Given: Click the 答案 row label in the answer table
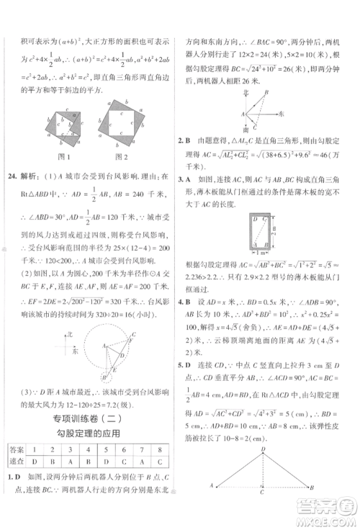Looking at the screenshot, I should click(15, 450).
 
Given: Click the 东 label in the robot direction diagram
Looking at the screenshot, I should click(282, 114).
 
